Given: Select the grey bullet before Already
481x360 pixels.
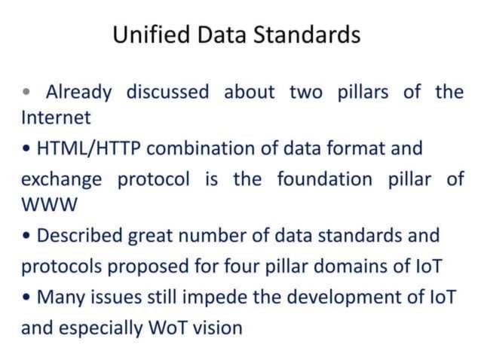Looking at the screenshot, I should point(27,93).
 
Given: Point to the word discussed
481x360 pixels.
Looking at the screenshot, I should point(167,93).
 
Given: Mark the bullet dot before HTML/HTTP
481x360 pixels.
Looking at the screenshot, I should point(26,149).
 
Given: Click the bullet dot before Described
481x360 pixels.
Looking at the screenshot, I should point(26,236).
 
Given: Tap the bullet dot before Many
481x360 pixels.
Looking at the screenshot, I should point(26,297).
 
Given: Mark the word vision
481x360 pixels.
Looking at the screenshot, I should point(222,328).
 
